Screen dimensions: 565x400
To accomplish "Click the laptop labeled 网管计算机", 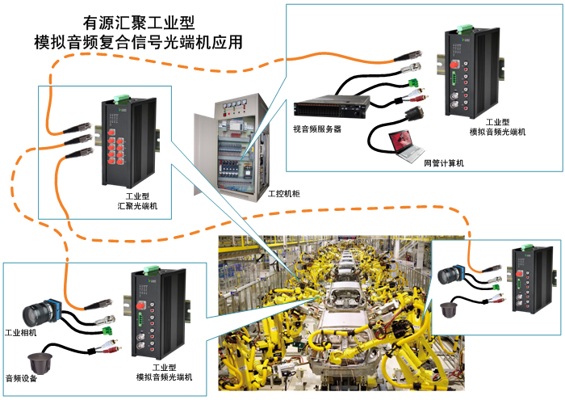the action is (x=407, y=146).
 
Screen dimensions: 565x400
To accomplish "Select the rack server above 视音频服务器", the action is (x=332, y=106).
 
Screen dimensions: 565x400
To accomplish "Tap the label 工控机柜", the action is (x=284, y=194).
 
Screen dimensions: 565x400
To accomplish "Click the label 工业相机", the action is (x=21, y=332).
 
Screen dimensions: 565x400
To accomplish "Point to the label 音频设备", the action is (x=21, y=378).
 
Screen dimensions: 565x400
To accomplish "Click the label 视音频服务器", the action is (x=317, y=128).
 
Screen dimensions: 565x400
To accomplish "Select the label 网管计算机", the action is (x=444, y=163).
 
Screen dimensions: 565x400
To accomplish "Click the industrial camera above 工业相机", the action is (x=42, y=313).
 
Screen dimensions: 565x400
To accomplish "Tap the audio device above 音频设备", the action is (x=40, y=363).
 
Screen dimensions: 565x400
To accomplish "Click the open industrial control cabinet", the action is (x=231, y=148).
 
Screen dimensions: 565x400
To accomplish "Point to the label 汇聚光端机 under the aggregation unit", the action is (x=137, y=206).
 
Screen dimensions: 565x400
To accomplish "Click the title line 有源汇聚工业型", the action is (x=139, y=23).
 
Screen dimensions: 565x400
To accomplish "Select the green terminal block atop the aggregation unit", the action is (x=122, y=98).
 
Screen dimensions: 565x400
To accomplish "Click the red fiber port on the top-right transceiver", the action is (x=454, y=65).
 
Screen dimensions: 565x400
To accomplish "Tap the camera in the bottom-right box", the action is (x=451, y=275).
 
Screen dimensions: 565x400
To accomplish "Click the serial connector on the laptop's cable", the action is (x=414, y=114).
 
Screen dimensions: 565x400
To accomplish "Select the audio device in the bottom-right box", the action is (x=449, y=309).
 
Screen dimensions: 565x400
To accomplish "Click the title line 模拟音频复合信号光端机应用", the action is (x=138, y=42).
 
